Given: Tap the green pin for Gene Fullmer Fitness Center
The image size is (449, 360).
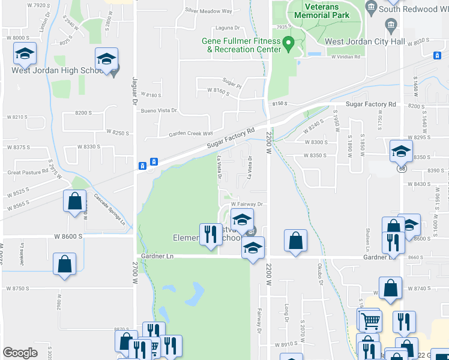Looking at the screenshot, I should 288,44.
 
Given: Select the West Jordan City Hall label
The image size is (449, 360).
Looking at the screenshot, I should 361,41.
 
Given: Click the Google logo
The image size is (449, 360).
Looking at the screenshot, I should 20,352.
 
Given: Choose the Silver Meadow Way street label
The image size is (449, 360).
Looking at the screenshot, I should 208,11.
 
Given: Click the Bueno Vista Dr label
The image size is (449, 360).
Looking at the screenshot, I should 159,110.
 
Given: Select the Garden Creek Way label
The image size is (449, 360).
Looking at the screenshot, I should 190,134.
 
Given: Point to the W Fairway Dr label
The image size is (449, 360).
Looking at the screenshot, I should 247,204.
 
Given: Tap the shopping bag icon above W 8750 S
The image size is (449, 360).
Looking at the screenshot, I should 64,265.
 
